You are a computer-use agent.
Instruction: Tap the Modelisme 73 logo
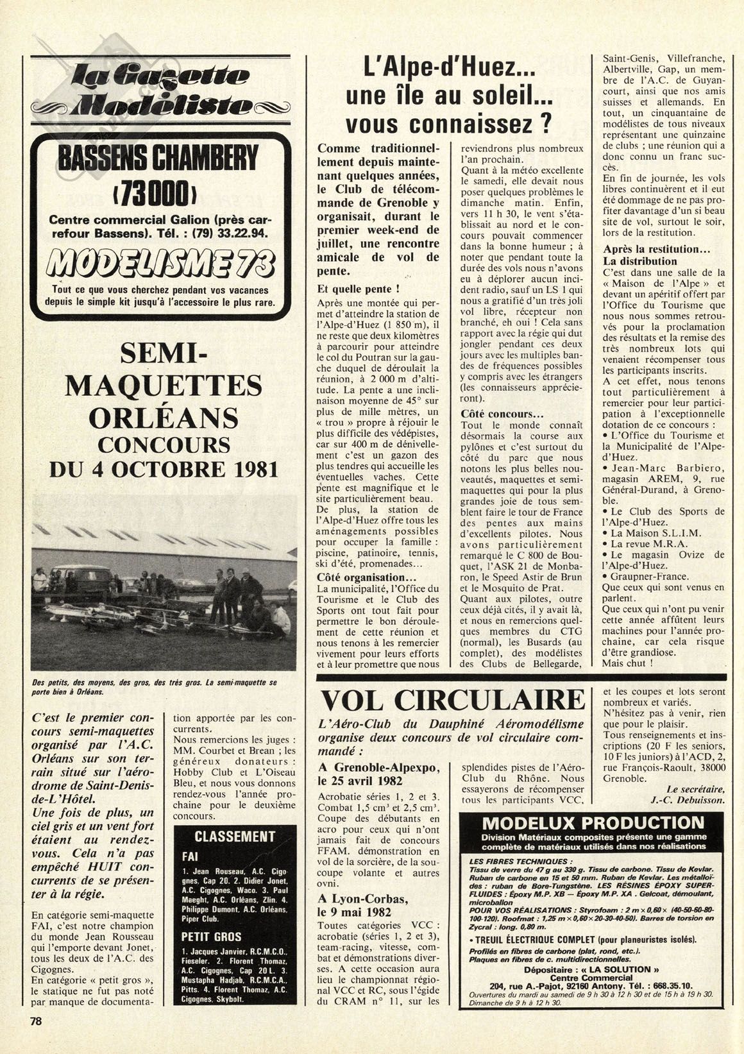(x=156, y=261)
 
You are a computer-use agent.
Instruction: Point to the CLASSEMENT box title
(x=234, y=837)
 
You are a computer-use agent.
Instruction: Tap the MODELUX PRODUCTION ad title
(x=592, y=823)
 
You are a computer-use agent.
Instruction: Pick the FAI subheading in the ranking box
(x=190, y=856)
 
